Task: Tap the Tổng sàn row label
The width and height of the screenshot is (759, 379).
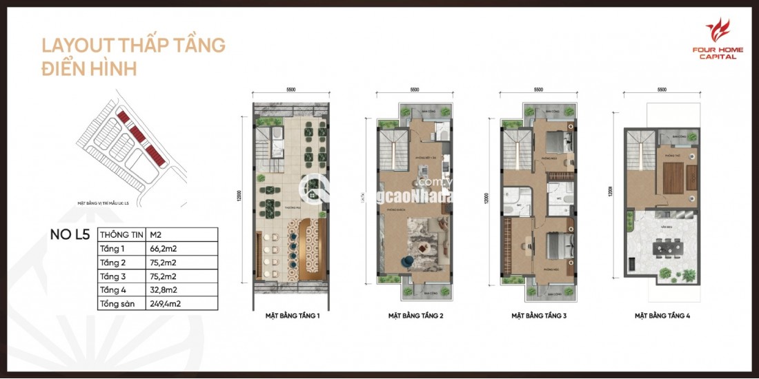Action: pos(117,303)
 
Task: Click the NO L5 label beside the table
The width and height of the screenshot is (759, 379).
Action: pos(70,234)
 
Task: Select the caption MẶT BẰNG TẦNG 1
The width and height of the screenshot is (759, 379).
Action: pos(292,317)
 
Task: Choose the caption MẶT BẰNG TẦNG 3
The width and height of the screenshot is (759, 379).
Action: pos(539,317)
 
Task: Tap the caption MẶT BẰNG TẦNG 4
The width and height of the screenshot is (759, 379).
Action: pos(662,317)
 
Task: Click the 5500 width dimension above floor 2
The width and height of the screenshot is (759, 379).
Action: pos(415,90)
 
